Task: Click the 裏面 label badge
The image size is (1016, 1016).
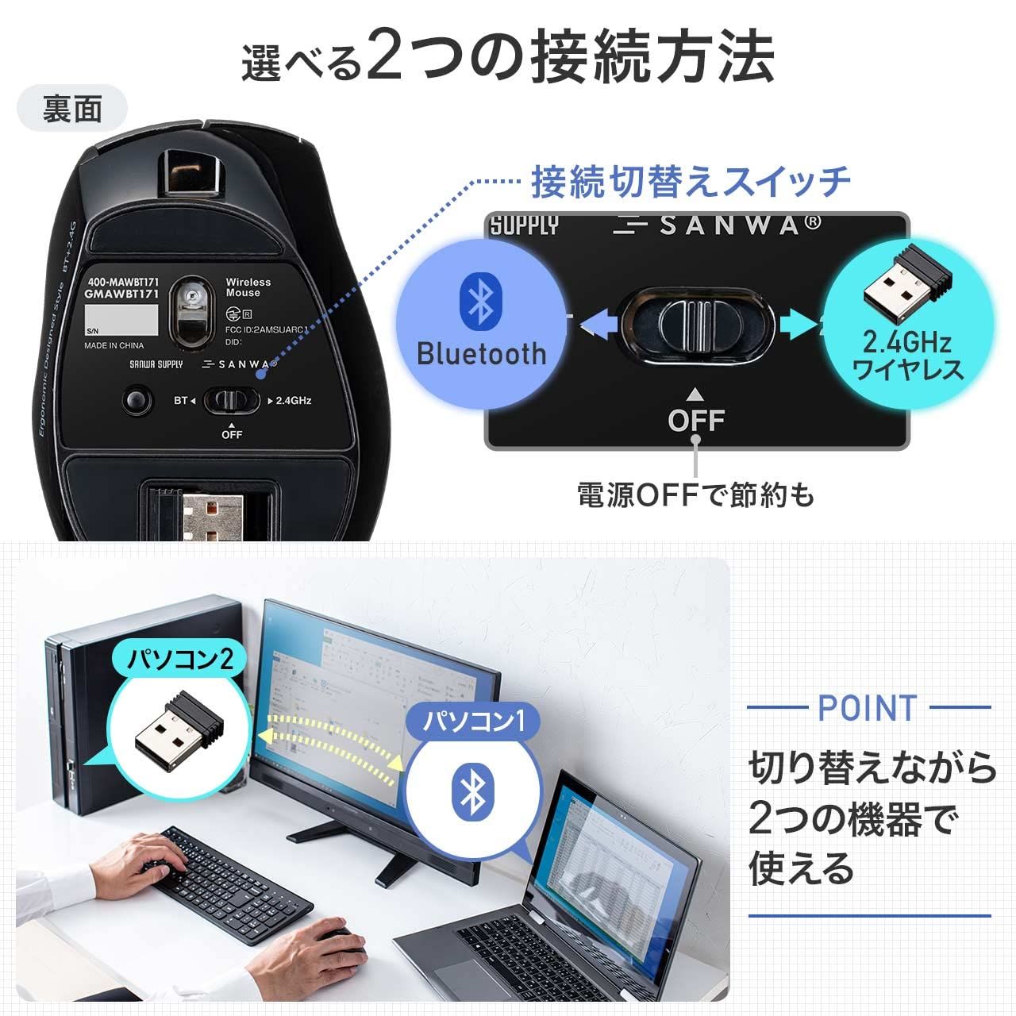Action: coord(72,108)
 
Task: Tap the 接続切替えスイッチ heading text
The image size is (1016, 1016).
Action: coord(691,181)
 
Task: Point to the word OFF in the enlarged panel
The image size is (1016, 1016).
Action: coord(696,419)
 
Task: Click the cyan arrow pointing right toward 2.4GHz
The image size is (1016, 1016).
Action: coord(797,324)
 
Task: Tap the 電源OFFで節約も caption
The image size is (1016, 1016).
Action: coord(695,495)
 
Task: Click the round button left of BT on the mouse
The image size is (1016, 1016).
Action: coord(138,399)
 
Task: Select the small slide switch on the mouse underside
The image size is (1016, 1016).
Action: coord(231,400)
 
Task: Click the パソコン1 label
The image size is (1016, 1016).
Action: coord(473,722)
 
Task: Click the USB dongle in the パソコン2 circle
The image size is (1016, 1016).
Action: coord(176,729)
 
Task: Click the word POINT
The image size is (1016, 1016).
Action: coord(867,707)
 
